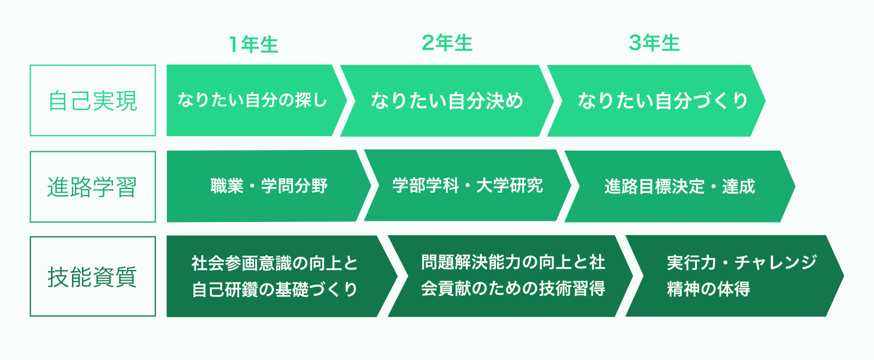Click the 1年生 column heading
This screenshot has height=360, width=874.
coord(253,44)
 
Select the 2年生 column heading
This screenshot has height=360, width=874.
coord(447,43)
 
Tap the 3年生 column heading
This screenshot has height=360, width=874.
coord(654,43)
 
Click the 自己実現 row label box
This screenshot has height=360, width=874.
coord(93,101)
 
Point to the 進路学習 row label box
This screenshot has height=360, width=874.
coord(93,187)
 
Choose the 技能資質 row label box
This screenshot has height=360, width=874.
coord(93,276)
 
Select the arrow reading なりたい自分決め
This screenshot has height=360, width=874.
coord(447,101)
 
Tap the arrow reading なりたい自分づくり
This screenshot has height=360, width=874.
coord(656,101)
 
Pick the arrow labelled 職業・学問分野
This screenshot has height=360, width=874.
coord(269,186)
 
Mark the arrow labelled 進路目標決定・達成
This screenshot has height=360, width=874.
coord(680,187)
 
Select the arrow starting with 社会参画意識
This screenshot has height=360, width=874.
coord(282,276)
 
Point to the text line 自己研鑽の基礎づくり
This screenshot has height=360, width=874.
coord(275,289)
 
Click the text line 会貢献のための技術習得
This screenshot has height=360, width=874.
coord(513,289)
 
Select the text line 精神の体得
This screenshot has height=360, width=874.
coord(708,289)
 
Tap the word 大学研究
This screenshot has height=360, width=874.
coord(510,185)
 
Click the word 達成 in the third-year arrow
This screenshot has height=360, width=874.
coord(738,187)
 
